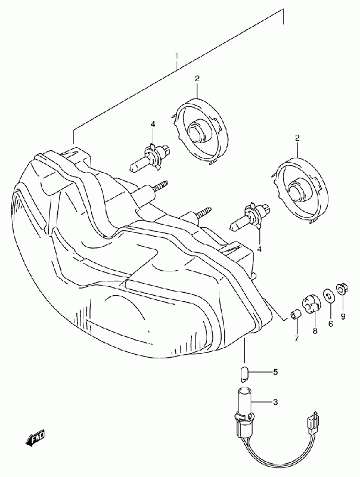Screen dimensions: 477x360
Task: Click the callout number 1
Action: tap(177, 58)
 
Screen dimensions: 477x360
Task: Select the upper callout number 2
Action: tap(196, 79)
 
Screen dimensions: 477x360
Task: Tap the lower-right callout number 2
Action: tap(296, 138)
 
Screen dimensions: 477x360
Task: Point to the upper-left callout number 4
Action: tap(153, 124)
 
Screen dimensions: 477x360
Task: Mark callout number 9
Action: tap(343, 316)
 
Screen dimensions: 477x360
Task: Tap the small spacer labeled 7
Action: tap(294, 314)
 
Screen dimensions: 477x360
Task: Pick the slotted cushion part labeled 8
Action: tap(311, 302)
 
